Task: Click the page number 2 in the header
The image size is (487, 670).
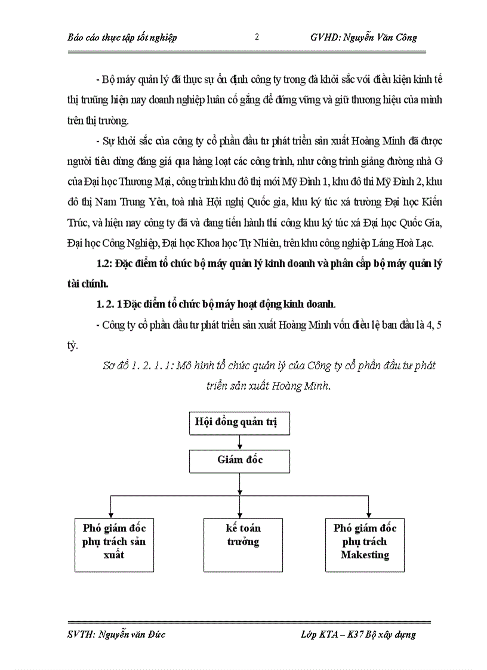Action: tap(257, 37)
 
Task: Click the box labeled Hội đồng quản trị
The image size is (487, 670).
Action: tap(239, 424)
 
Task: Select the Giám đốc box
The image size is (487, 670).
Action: tap(239, 461)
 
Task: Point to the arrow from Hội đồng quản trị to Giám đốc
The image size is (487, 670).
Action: tap(239, 442)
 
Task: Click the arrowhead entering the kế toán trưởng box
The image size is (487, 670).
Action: tap(239, 515)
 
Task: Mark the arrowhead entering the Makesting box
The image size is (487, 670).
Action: tap(368, 515)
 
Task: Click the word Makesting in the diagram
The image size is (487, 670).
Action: tap(365, 555)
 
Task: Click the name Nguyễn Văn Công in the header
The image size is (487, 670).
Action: tap(386, 38)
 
